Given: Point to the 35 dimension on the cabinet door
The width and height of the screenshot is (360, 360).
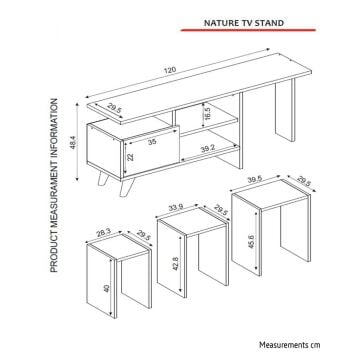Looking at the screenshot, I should click(x=152, y=142).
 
